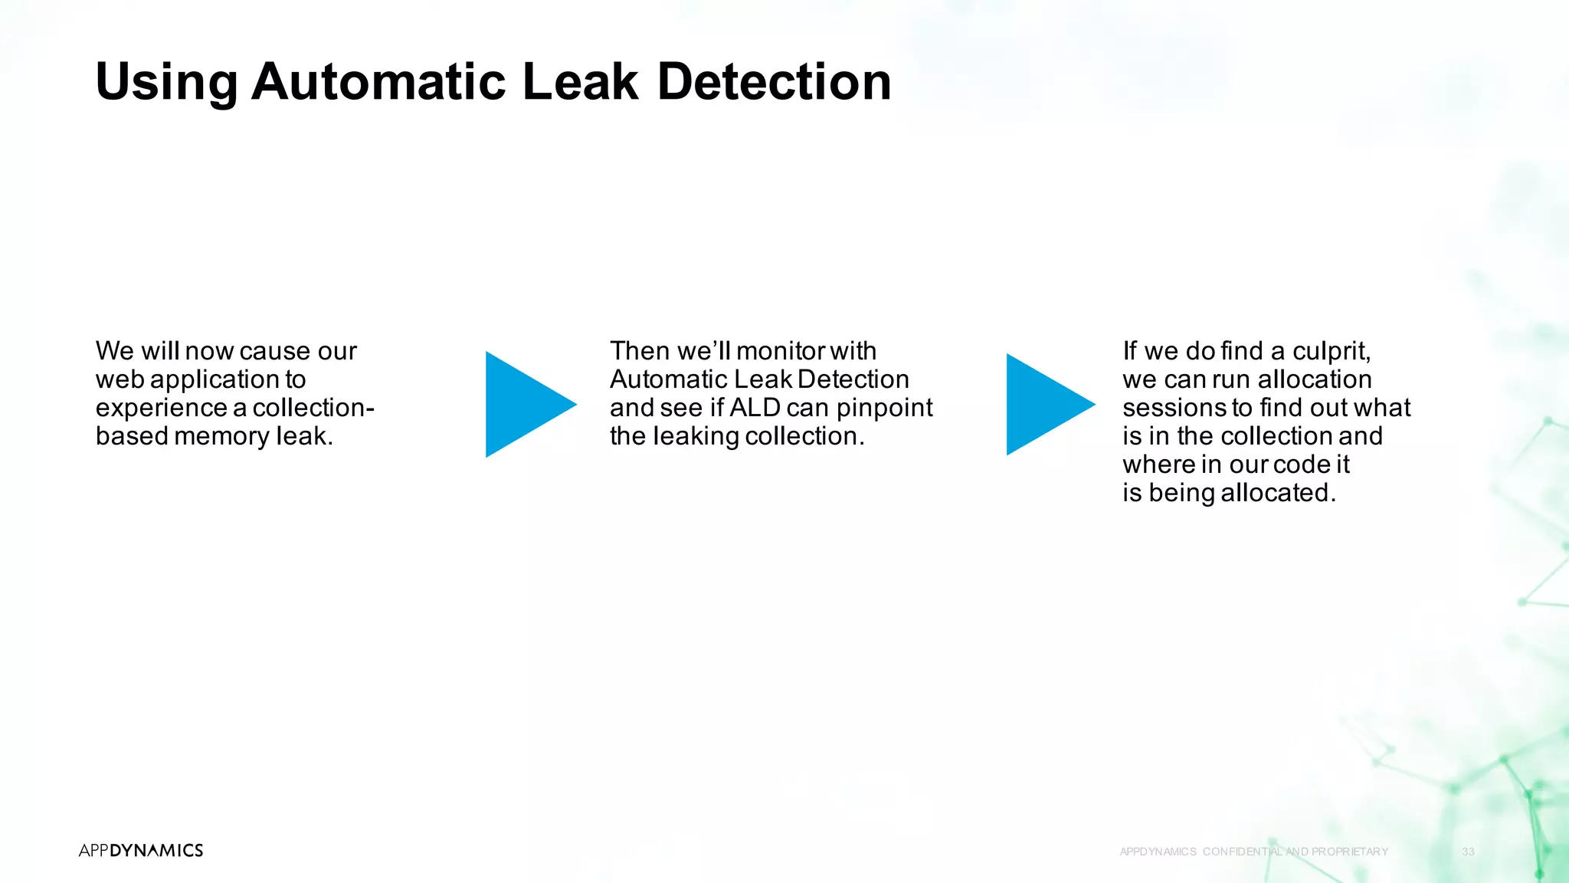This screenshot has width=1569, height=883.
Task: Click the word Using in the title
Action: [166, 82]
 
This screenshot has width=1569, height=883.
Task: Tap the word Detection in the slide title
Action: [774, 82]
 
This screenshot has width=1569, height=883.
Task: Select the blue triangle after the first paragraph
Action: [526, 404]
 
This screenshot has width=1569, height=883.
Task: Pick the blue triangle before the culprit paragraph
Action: [1045, 404]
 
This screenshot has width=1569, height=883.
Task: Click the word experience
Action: [161, 408]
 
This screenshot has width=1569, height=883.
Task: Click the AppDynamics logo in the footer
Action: [141, 850]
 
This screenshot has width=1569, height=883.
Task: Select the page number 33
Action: [1468, 852]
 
